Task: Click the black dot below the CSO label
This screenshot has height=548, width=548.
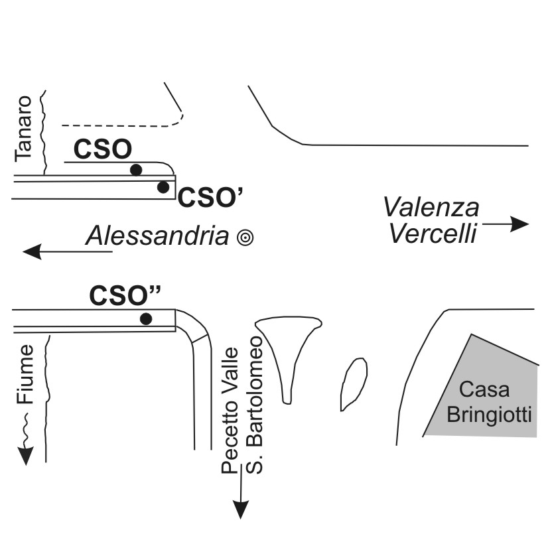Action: [x=136, y=170]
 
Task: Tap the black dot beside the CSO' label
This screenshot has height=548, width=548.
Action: [x=163, y=187]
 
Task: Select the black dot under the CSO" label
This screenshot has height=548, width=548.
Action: [x=146, y=319]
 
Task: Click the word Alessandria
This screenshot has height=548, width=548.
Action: [x=160, y=236]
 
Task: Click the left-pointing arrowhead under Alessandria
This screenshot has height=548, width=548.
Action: [x=32, y=251]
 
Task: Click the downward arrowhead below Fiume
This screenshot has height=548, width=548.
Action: [x=26, y=456]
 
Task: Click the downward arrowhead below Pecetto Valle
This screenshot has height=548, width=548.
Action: [x=241, y=509]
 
